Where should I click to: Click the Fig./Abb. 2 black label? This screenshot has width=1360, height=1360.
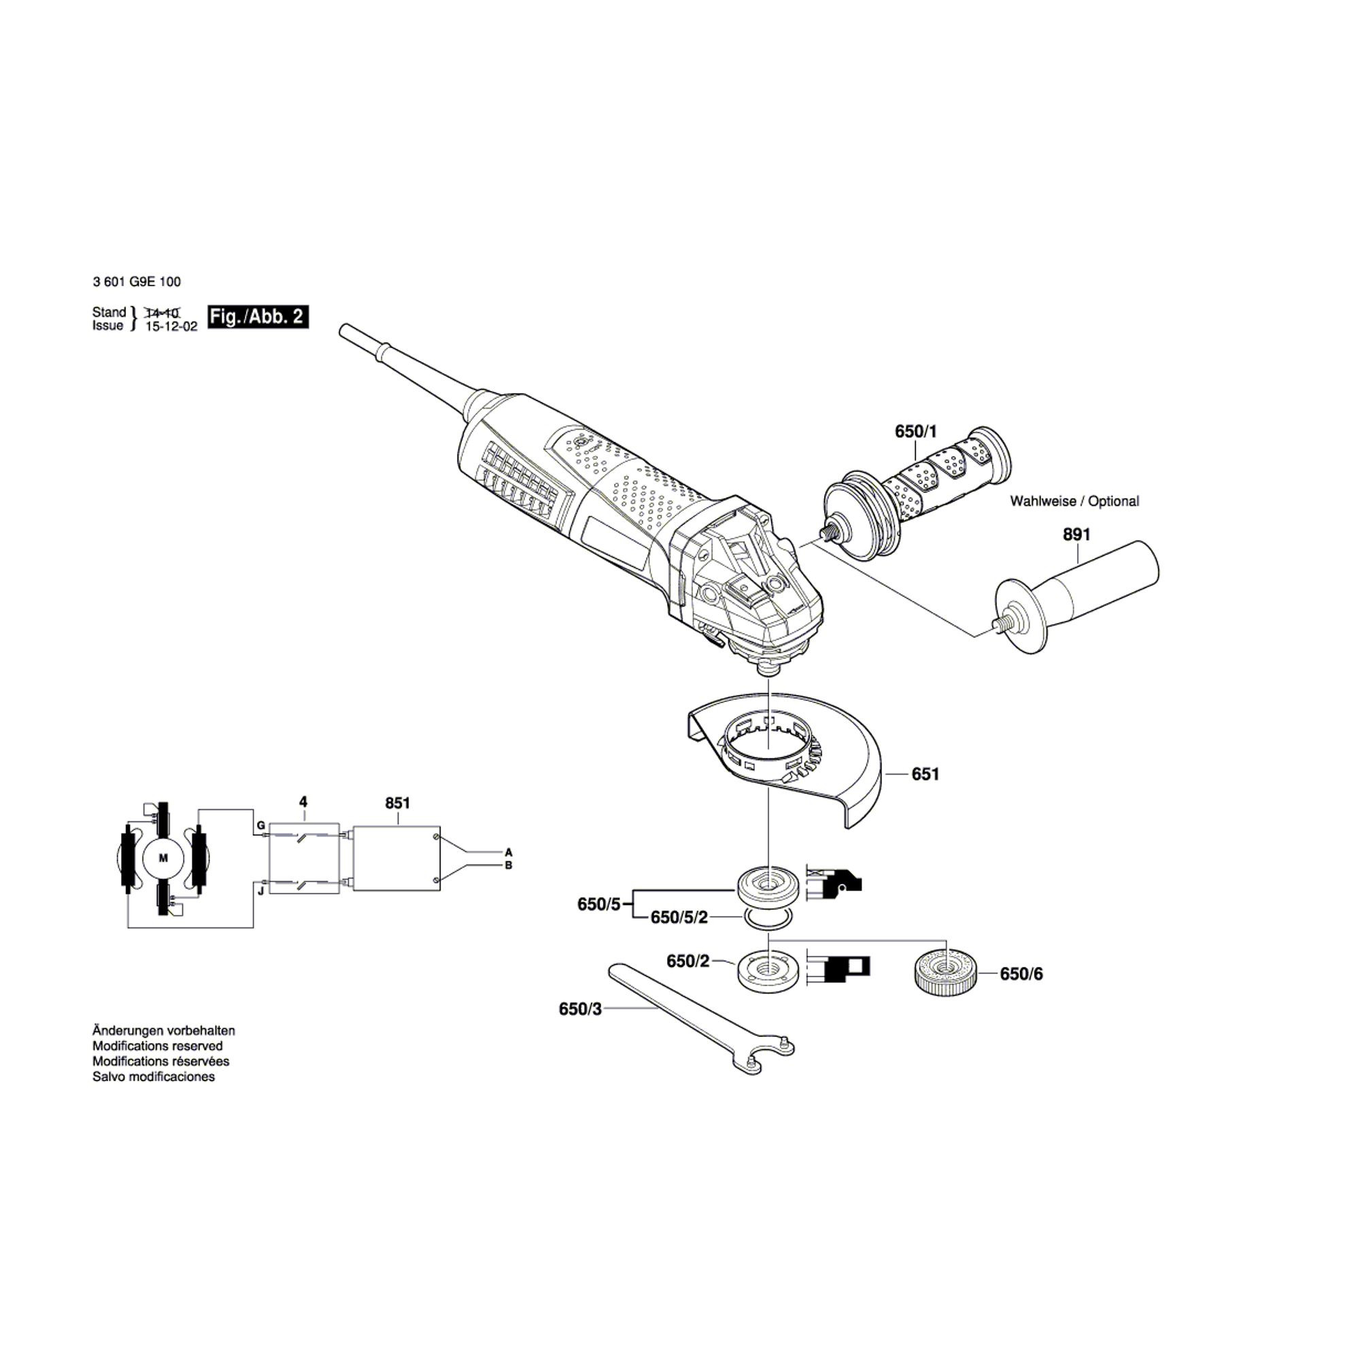click(258, 317)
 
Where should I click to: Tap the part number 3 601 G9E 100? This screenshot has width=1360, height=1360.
click(137, 282)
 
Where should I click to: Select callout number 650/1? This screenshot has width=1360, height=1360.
click(917, 431)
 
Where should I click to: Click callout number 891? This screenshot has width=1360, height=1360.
click(1076, 535)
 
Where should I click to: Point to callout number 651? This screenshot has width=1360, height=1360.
click(925, 775)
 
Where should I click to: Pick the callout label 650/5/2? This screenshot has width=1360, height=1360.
click(679, 917)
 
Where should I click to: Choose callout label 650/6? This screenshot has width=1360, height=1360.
click(1021, 974)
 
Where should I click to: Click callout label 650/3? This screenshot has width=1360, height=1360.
click(581, 1008)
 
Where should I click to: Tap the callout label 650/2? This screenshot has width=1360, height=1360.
click(687, 961)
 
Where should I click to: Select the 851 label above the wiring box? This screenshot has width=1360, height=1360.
click(398, 803)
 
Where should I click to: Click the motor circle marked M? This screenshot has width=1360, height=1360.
click(164, 859)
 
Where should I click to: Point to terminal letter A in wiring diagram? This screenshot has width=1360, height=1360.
click(508, 852)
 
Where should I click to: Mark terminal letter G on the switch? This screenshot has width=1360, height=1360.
click(260, 825)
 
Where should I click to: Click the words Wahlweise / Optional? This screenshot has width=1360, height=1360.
click(1074, 501)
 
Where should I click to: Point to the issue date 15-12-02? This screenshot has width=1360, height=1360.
click(171, 326)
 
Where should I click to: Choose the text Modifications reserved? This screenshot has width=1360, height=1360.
click(158, 1046)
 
